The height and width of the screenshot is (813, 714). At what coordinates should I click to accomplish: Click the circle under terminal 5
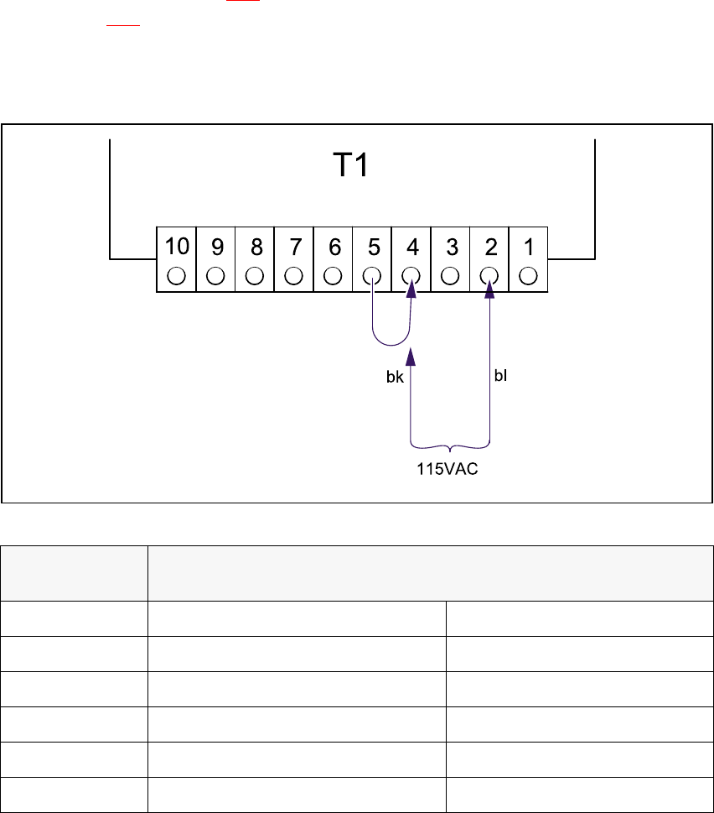pyautogui.click(x=372, y=275)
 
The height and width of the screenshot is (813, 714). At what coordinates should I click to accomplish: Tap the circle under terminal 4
pyautogui.click(x=411, y=275)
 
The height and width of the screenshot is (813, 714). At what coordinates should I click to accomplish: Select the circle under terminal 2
pyautogui.click(x=489, y=275)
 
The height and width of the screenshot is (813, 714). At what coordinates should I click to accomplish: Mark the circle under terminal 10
pyautogui.click(x=177, y=275)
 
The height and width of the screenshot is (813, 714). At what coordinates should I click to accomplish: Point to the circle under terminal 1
pyautogui.click(x=528, y=275)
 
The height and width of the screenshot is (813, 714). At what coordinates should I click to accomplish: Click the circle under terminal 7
pyautogui.click(x=294, y=275)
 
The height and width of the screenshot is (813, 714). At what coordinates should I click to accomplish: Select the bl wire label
pyautogui.click(x=500, y=378)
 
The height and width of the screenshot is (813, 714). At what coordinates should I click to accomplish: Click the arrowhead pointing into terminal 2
pyautogui.click(x=489, y=286)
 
